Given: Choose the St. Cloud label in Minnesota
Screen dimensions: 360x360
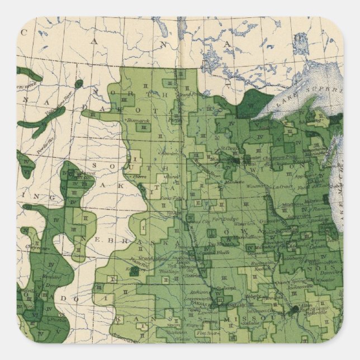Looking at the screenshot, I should (230, 148).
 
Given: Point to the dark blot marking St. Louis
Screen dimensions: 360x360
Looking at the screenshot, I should (294, 309).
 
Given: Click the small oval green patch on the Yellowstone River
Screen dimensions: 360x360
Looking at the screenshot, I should (79, 84).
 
